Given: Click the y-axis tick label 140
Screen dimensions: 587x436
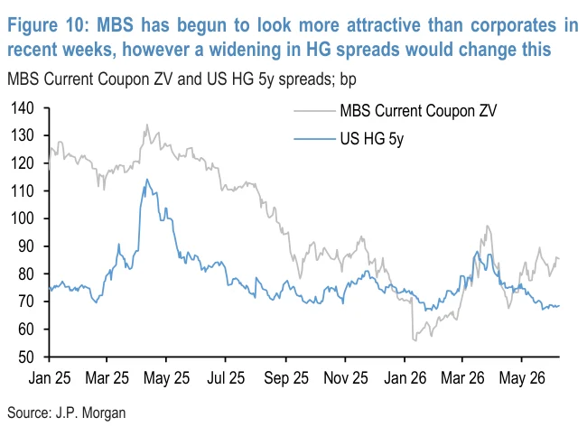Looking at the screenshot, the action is click(23, 108).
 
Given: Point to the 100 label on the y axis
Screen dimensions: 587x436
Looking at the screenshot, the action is click(23, 218).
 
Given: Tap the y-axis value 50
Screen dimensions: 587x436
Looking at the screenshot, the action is click(26, 357).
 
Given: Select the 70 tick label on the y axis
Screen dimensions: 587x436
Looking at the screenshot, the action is click(26, 301).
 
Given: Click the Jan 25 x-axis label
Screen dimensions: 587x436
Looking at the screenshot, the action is click(50, 378).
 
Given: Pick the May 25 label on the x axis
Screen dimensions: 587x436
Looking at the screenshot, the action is click(166, 378).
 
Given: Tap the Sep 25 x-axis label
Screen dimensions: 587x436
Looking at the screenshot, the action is click(286, 378).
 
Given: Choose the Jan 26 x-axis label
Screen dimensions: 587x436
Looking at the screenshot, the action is click(405, 378).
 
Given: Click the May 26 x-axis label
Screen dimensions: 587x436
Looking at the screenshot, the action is click(522, 378).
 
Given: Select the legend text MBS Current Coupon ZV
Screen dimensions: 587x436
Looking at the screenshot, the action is click(418, 111).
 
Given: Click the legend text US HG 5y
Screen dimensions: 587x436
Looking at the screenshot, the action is click(372, 139).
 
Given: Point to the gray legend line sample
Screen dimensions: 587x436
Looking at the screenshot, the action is click(314, 111).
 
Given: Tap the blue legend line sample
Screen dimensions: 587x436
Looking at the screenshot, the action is click(314, 139).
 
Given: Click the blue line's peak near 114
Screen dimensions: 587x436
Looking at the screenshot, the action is click(147, 180).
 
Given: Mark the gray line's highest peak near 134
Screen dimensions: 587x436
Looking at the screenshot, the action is click(146, 125).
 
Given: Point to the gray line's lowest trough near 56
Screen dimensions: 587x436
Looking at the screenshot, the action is click(415, 340).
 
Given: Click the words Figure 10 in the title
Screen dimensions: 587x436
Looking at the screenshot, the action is click(48, 25).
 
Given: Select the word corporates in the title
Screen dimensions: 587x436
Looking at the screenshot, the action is click(513, 25).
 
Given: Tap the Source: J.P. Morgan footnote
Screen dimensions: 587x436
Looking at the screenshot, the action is click(66, 413).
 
